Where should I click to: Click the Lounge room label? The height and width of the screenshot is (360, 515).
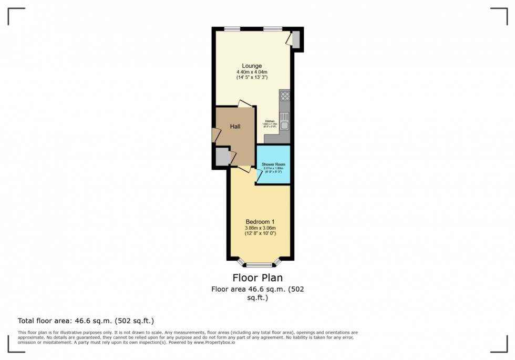tap(252, 66)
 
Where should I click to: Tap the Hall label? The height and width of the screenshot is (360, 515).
tap(235, 127)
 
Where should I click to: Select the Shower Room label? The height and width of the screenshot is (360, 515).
tap(272, 164)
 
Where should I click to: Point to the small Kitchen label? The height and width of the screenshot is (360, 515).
tap(270, 120)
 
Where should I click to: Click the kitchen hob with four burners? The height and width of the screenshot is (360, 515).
tap(285, 96)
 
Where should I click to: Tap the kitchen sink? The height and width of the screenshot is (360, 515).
tap(284, 121)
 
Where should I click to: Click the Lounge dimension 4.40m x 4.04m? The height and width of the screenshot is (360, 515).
tap(252, 72)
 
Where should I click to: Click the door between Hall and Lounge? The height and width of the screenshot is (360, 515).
tap(244, 104)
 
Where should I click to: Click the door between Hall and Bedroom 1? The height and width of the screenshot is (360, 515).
tap(243, 169)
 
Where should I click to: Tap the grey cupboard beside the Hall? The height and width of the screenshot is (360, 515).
tap(222, 157)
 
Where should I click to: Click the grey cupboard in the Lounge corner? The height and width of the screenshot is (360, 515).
tap(295, 39)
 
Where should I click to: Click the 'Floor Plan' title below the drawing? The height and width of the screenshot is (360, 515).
tap(257, 277)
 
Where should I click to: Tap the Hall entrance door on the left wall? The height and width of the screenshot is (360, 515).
tap(215, 135)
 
